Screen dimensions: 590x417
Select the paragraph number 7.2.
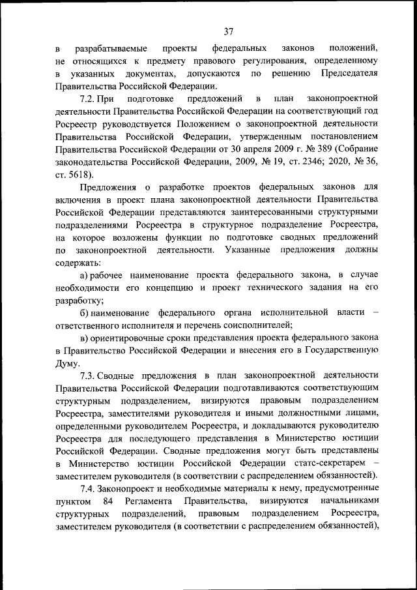point(89,98)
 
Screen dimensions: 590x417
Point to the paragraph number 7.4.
point(89,489)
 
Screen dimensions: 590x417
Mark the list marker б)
point(85,313)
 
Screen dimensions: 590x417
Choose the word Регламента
point(150,501)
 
